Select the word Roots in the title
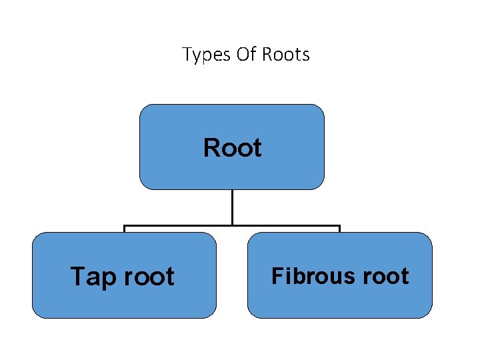[x=286, y=54]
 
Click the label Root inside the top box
[x=232, y=147]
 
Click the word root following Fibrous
[x=383, y=275]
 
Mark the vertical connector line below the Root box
[x=232, y=207]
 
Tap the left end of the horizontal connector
[x=125, y=227]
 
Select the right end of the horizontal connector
[x=339, y=227]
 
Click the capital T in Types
[x=187, y=54]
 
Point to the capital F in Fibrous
[x=277, y=275]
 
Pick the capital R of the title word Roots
[x=267, y=54]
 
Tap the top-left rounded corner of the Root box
[x=143, y=108]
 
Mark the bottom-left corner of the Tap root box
[x=35, y=314]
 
